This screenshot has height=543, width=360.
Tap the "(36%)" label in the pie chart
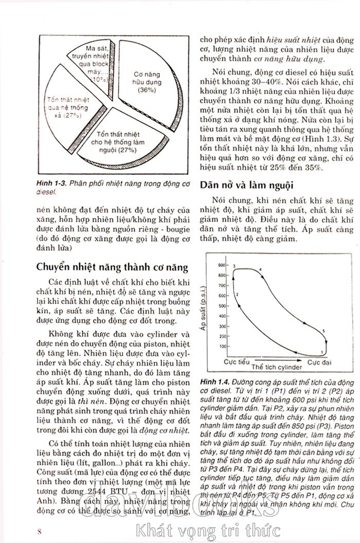(147, 90)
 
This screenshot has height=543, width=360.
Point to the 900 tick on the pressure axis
(222, 265)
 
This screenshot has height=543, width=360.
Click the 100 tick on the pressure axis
(222, 346)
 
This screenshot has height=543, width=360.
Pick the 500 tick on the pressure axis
(222, 305)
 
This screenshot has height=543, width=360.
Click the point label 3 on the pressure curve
(235, 265)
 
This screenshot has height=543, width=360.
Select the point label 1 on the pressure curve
(321, 352)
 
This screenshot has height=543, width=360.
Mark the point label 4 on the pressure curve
(261, 269)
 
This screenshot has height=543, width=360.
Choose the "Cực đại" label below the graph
(319, 363)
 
